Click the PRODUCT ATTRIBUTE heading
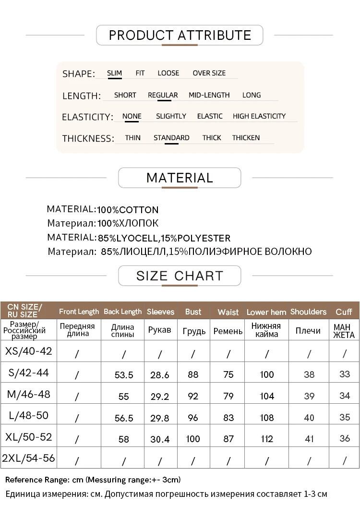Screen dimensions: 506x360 (x=180, y=35)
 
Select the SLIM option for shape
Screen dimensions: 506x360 (x=114, y=73)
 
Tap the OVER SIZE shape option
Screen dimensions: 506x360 (x=209, y=73)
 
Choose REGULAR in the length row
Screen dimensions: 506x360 (x=163, y=95)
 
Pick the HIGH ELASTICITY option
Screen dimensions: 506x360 (x=259, y=116)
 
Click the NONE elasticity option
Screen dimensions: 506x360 (x=132, y=116)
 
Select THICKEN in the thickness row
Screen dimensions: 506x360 (x=246, y=138)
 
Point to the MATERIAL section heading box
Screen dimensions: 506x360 (x=180, y=178)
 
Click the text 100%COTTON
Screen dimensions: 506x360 (x=128, y=210)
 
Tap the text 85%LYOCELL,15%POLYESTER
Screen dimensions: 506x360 (x=164, y=238)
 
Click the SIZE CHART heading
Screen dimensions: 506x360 (x=180, y=276)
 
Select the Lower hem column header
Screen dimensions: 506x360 (x=266, y=312)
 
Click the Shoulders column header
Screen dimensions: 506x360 (x=308, y=312)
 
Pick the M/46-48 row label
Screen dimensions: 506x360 (x=28, y=394)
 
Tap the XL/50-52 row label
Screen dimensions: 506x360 (x=28, y=437)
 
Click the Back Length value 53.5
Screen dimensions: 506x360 (x=124, y=375)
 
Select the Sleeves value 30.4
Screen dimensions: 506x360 (x=160, y=439)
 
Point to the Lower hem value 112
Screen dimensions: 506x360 (x=267, y=439)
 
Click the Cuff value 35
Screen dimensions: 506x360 (x=345, y=417)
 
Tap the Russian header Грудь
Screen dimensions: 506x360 (x=194, y=331)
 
